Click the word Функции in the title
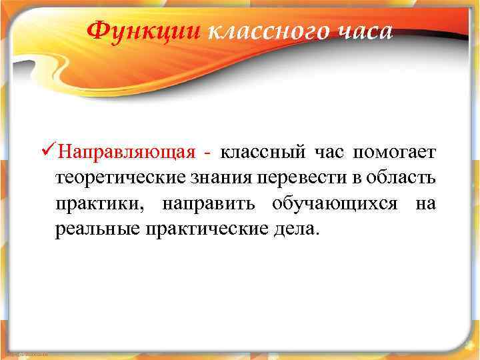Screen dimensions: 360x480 point(144,30)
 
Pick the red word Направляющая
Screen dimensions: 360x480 point(127,153)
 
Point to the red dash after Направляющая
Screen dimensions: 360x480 point(209,153)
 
